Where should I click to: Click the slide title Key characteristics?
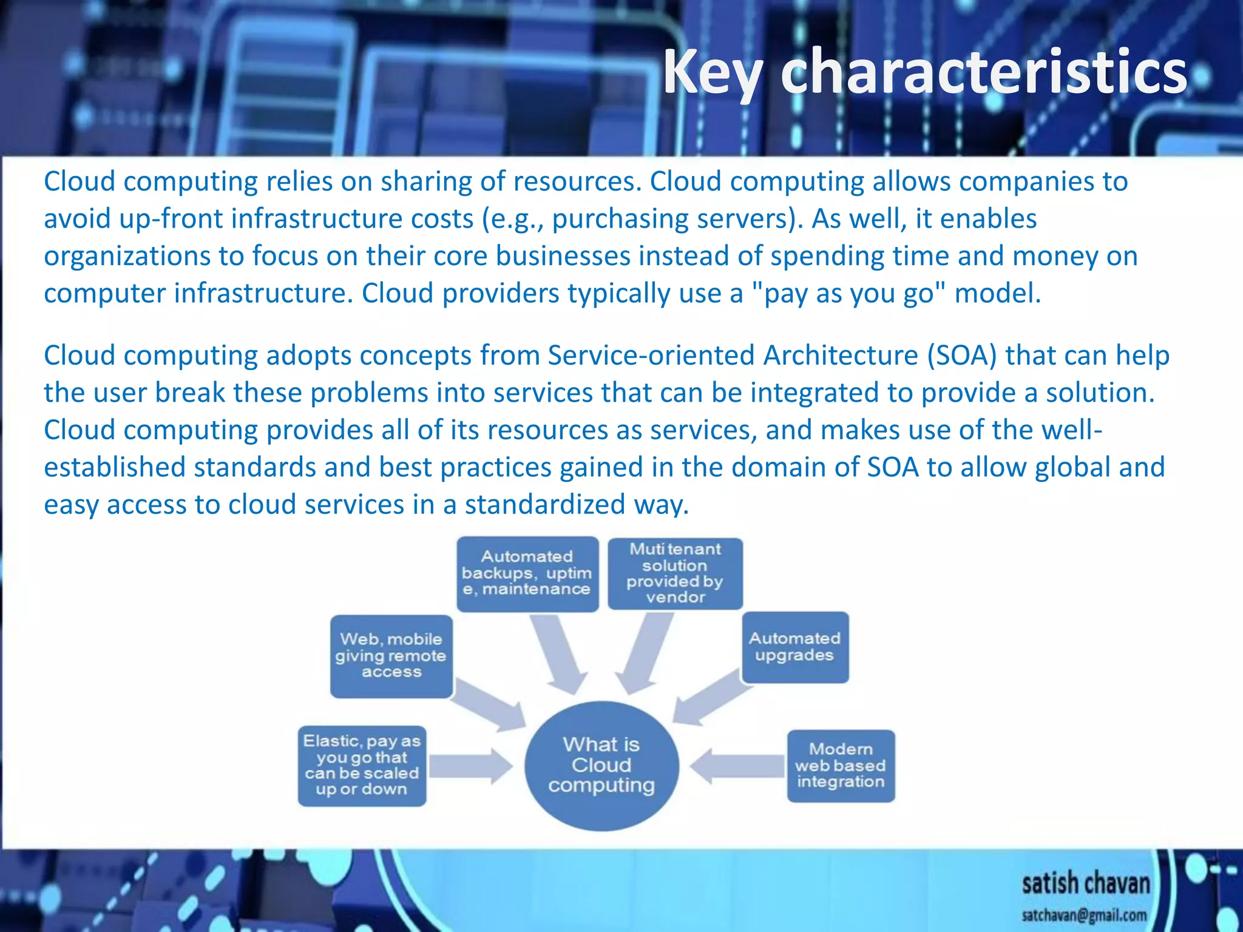(x=924, y=73)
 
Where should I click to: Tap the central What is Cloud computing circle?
(x=601, y=765)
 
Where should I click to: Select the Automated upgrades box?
(x=794, y=647)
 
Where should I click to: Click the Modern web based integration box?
(x=841, y=766)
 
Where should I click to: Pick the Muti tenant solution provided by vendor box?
(x=675, y=573)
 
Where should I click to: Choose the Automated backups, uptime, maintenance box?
(x=527, y=573)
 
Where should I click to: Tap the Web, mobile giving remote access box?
(x=391, y=656)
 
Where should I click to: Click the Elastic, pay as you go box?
(x=362, y=766)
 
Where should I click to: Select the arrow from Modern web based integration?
(x=737, y=766)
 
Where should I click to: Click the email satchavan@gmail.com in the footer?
(x=1084, y=915)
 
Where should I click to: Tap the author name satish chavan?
(x=1085, y=883)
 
